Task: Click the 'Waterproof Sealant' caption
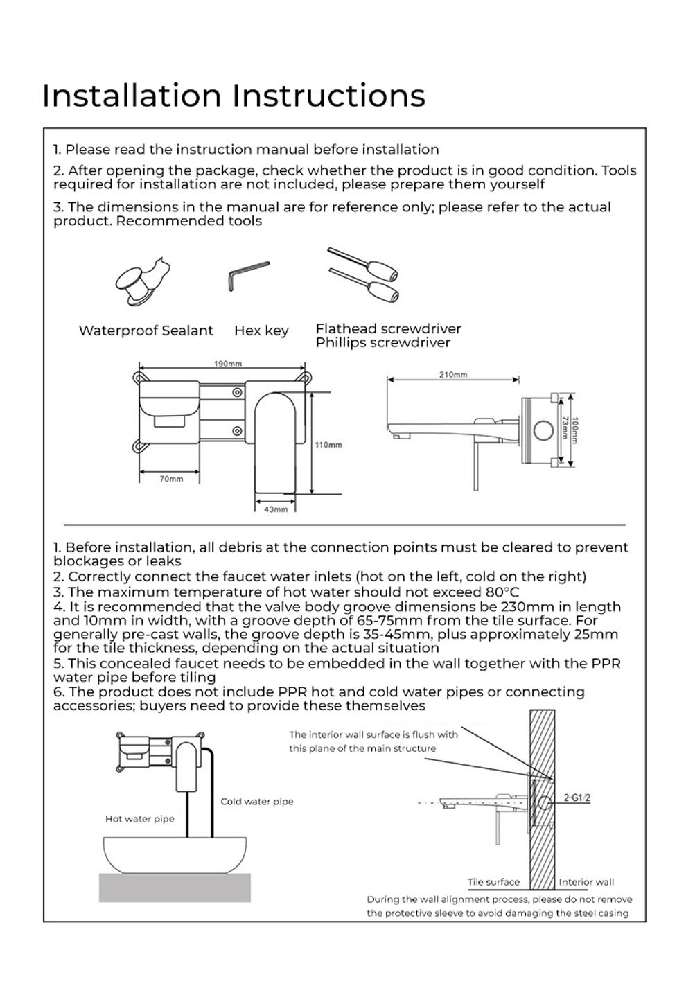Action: (146, 331)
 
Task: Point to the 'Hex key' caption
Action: (261, 331)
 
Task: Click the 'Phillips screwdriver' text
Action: (383, 343)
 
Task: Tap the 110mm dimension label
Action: (328, 445)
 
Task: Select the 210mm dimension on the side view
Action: (453, 375)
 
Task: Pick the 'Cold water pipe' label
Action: (257, 802)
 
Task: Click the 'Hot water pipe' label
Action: (139, 819)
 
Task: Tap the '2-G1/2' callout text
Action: (577, 798)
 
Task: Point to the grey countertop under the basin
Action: (179, 888)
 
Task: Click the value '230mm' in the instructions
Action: (525, 606)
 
